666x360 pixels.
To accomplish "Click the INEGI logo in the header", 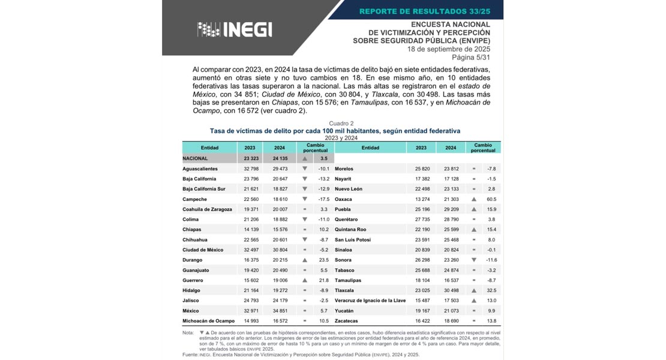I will point(235,29).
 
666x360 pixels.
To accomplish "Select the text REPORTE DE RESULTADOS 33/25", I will point(425,11).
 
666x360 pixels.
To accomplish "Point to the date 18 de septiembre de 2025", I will point(449,49).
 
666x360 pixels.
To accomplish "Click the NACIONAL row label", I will point(196,158).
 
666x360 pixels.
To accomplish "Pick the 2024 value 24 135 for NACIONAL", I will point(280,158).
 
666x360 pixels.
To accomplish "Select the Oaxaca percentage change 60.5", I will point(491,199).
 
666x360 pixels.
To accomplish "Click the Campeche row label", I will point(195,199).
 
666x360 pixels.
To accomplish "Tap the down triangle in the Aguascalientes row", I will point(305,169).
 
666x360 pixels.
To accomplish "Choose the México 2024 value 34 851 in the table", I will point(280,311).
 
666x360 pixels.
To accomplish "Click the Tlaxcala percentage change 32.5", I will point(491,290).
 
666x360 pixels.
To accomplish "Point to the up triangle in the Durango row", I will point(305,260).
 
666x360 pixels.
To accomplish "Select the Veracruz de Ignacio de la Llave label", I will point(370,301).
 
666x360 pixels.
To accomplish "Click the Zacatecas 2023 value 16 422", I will point(421,321).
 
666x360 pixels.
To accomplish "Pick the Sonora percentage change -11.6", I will point(491,260).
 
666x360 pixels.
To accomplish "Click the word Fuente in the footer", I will point(190,355).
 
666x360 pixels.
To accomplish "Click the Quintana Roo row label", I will point(350,230).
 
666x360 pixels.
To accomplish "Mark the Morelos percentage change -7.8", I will point(491,169).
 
